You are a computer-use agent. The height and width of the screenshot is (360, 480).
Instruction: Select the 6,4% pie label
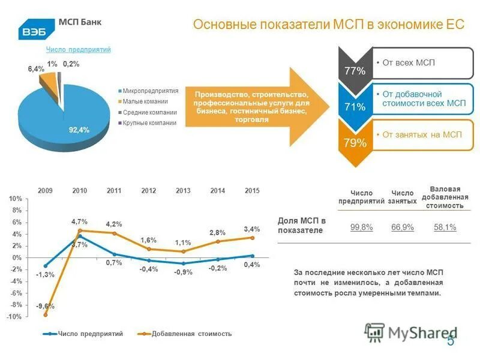pos(36,69)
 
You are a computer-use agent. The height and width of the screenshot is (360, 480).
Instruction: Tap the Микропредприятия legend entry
pos(150,91)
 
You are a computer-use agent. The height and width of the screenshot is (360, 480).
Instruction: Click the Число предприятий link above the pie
pos(79,50)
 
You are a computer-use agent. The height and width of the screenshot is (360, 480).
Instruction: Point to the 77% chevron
pos(355,71)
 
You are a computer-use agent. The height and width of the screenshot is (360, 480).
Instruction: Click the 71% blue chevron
pos(355,107)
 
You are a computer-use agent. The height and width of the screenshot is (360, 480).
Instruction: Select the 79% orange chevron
pos(355,143)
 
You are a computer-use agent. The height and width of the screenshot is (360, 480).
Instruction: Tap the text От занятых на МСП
pos(422,135)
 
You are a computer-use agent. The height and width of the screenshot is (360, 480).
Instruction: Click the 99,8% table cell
pos(361,227)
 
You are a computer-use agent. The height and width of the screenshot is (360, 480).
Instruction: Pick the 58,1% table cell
pos(445,227)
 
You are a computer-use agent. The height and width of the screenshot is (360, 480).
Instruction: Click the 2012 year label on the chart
pos(149,190)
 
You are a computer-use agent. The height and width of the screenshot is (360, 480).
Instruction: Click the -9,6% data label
pos(43,306)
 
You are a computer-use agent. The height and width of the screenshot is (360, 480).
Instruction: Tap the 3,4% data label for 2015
pos(252,229)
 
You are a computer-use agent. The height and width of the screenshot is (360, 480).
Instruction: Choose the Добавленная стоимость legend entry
pos(191,334)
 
